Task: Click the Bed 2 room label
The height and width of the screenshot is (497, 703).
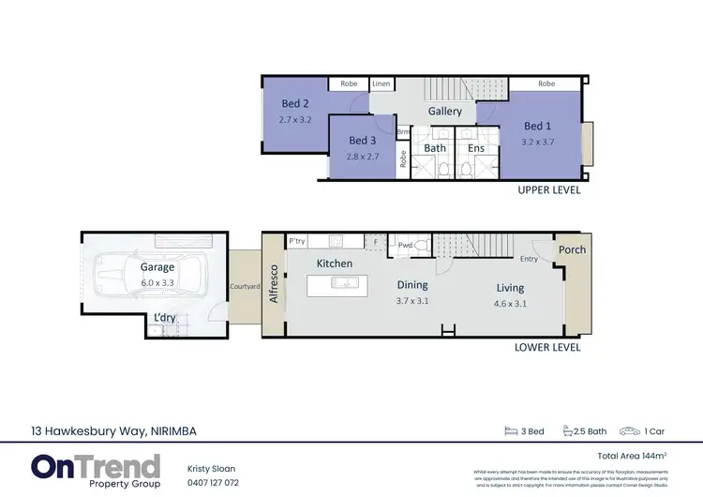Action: pos(294,104)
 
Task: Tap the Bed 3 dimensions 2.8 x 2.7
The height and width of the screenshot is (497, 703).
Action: pos(362,156)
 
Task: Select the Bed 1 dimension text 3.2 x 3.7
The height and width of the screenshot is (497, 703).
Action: pos(537,142)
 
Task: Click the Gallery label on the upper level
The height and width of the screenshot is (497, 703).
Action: pos(445,111)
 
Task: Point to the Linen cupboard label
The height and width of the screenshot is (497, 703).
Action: pos(381,83)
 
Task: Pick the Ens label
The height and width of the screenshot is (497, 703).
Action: pos(475,147)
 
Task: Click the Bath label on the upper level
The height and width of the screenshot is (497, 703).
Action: pos(434,147)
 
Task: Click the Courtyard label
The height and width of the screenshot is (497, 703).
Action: pos(245,287)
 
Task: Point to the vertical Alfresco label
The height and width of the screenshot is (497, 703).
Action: pos(275,282)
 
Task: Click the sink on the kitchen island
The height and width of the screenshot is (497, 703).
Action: pos(343,284)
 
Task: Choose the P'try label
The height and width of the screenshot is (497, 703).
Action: pos(298,241)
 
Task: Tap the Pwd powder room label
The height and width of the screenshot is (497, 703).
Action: pos(405,245)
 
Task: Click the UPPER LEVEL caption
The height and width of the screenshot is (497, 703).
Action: pos(548,189)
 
